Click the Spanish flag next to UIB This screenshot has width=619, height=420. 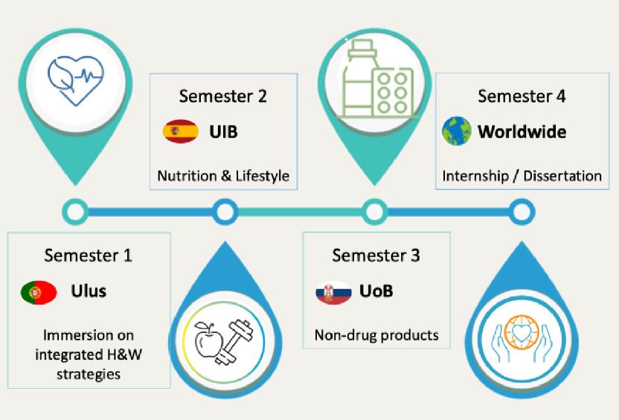(180, 131)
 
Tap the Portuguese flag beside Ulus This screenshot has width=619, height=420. (39, 293)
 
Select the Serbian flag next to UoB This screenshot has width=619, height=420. (333, 293)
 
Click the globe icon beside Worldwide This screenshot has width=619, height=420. (457, 131)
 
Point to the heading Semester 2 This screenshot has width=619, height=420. (223, 96)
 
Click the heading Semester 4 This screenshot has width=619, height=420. (522, 96)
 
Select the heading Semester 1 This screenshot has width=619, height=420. (88, 255)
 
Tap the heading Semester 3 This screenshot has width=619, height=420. (376, 255)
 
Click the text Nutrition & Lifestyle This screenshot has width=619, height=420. (223, 176)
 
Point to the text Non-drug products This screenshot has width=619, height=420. (376, 335)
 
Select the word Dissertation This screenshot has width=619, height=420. (562, 176)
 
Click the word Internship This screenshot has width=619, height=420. (475, 176)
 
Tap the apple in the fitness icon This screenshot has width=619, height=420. (208, 340)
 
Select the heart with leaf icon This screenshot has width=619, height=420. (76, 80)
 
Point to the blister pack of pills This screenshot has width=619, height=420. (393, 93)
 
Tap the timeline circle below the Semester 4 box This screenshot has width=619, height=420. (522, 212)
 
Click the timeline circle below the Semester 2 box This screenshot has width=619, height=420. (225, 212)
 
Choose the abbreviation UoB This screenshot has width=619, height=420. (376, 291)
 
